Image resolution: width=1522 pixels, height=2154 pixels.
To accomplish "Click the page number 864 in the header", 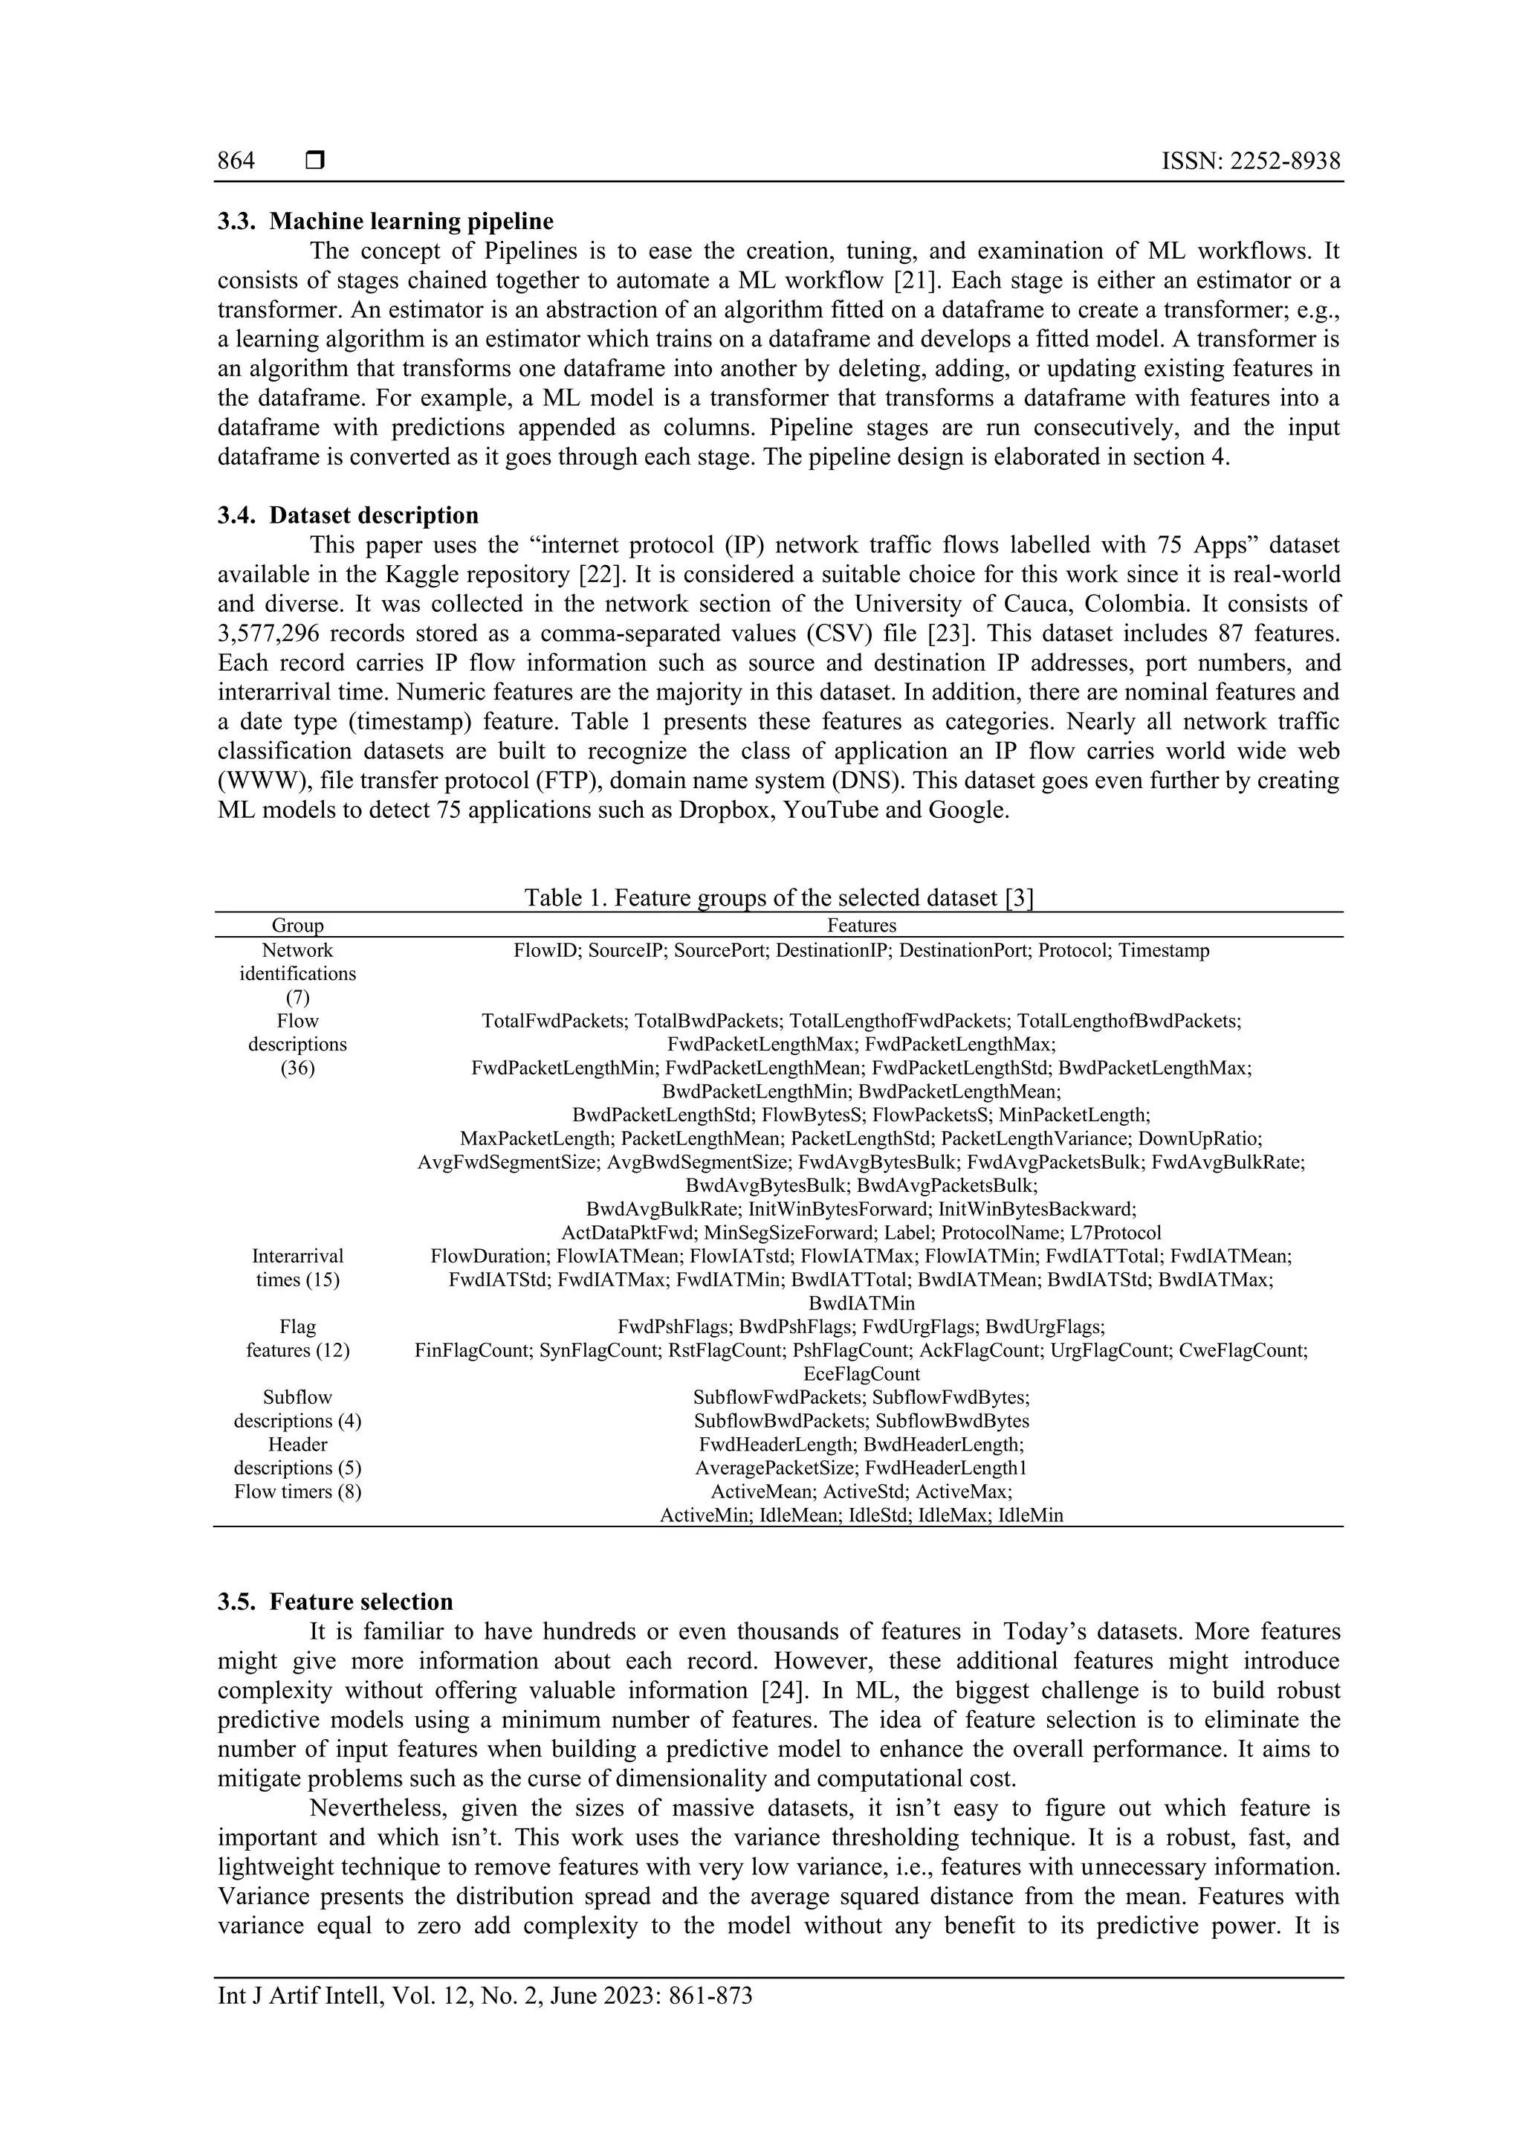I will point(236,161).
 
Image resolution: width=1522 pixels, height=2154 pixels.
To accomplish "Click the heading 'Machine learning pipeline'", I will point(411,222).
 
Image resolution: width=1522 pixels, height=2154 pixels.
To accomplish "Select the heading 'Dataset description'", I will point(373,515).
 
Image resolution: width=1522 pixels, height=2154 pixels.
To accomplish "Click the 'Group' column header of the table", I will point(297,926).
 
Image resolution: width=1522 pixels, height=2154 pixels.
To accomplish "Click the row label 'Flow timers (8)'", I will point(297,1492).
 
